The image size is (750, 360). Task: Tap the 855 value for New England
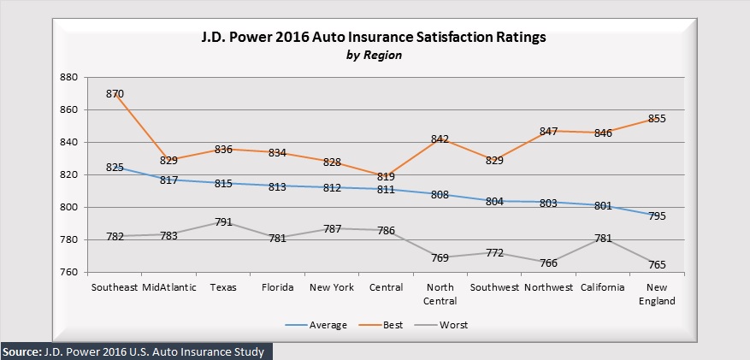click(657, 118)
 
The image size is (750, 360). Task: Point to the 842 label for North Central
click(440, 139)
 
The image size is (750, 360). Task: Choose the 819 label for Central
click(386, 177)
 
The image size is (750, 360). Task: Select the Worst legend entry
click(454, 325)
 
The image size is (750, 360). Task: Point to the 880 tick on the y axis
click(69, 78)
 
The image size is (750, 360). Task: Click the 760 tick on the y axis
click(69, 273)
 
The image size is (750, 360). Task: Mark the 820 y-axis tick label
click(69, 175)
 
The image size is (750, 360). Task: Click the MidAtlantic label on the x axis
click(169, 287)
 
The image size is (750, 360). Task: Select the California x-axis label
click(602, 287)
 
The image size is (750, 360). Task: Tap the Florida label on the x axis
click(277, 287)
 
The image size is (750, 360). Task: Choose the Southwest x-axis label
click(494, 287)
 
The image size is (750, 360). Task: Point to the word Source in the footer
click(21, 351)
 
